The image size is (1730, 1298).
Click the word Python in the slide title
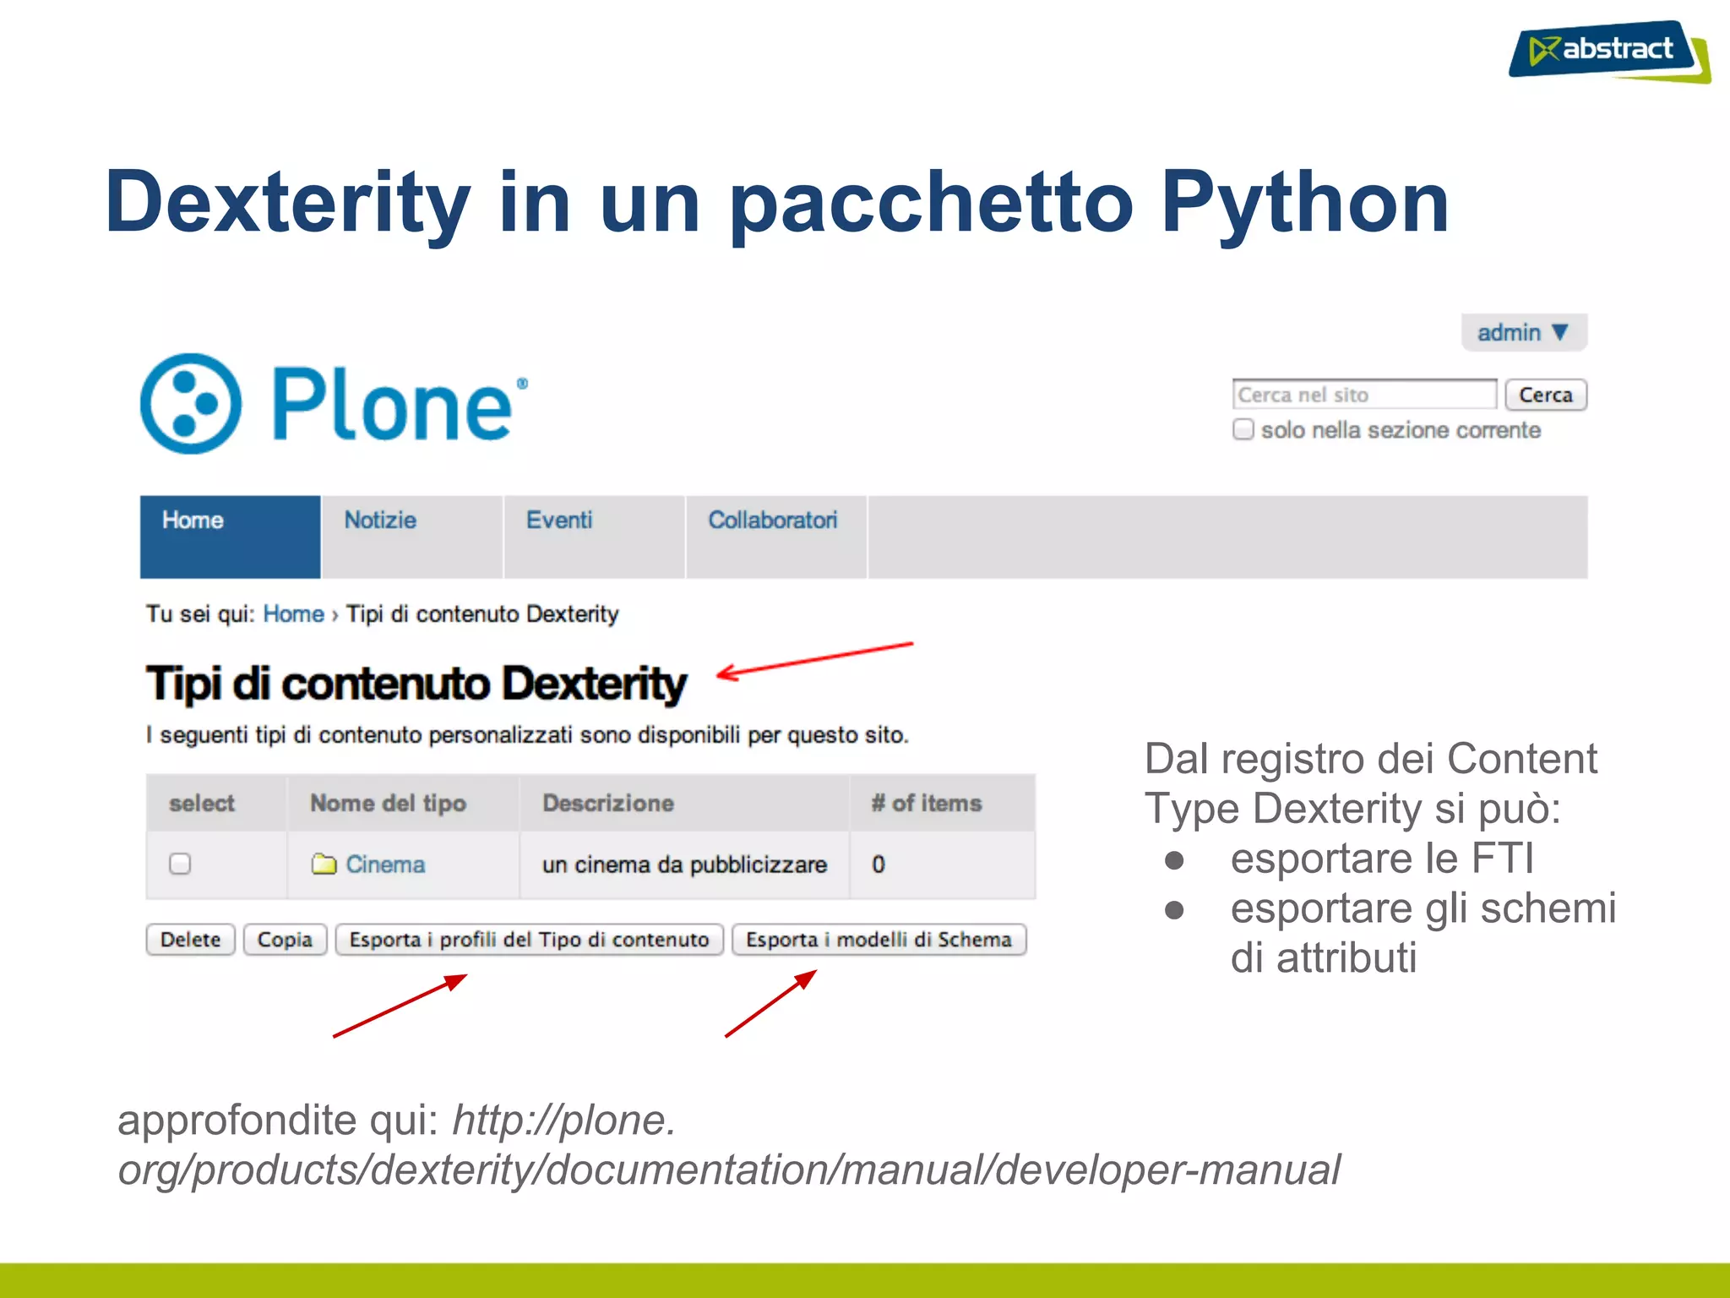point(1304,203)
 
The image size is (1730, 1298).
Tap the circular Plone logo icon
point(191,403)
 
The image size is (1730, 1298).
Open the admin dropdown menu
point(1523,332)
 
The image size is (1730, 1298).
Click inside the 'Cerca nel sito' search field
point(1363,395)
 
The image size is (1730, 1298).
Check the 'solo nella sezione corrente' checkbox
point(1243,429)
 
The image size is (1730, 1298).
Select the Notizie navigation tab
point(380,521)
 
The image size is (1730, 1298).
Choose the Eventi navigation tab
point(559,521)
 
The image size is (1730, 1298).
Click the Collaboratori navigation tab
point(772,521)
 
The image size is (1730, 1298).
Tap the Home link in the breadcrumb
point(293,614)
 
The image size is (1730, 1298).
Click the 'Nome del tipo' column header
point(388,803)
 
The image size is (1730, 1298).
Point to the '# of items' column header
point(927,803)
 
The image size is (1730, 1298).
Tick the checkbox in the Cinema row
point(180,864)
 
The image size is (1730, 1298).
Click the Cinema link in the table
point(384,864)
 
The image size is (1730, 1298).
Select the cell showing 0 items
point(879,864)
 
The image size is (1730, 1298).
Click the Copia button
point(285,940)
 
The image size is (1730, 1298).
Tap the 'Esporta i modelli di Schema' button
point(879,940)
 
